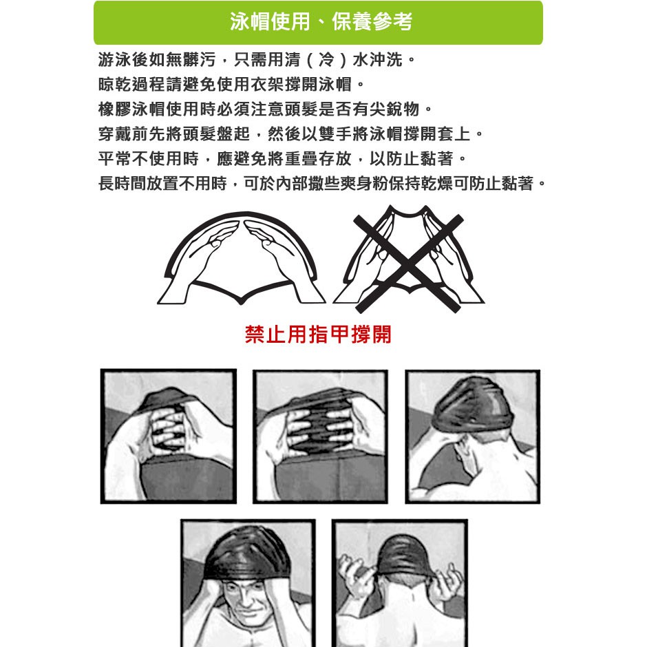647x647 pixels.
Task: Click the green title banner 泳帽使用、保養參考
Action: [318, 22]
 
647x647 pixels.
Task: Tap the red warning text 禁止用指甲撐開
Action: [318, 335]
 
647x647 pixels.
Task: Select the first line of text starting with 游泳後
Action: [256, 60]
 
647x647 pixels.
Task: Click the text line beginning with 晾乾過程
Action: [231, 85]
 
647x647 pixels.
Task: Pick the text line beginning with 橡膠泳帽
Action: [265, 109]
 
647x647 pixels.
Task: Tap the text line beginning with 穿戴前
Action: [290, 134]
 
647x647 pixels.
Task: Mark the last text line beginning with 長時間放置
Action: [322, 184]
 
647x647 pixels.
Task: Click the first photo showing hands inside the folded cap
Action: [169, 436]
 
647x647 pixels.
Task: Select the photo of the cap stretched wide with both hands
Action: [320, 436]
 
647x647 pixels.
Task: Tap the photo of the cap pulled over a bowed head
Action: [473, 436]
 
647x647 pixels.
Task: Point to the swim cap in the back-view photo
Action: [403, 555]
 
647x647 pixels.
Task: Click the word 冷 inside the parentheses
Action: [326, 60]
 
